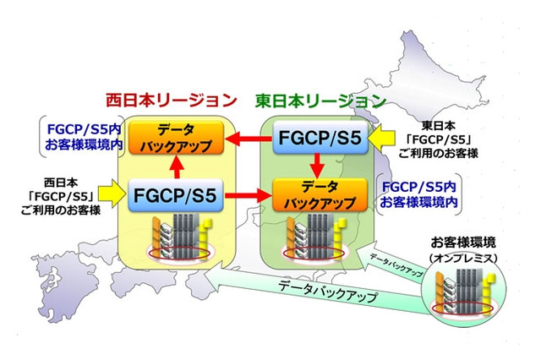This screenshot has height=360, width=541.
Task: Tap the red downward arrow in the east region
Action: coord(312,167)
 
